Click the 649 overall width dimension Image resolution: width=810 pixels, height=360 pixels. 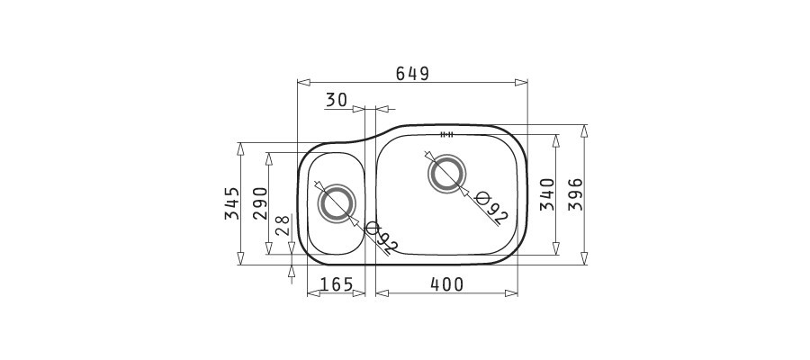coord(412,74)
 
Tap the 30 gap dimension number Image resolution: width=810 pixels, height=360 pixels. coord(337,100)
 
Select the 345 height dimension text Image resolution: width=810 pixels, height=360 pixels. coord(232,203)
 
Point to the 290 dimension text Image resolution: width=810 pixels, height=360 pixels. coord(260,203)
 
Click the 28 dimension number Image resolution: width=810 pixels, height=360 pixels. coord(282,225)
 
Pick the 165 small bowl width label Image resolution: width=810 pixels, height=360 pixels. coord(336,284)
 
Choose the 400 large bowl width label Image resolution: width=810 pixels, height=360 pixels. coord(446,284)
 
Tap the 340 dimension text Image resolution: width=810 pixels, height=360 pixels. coord(547,194)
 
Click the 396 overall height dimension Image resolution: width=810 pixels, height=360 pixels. coord(575,194)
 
